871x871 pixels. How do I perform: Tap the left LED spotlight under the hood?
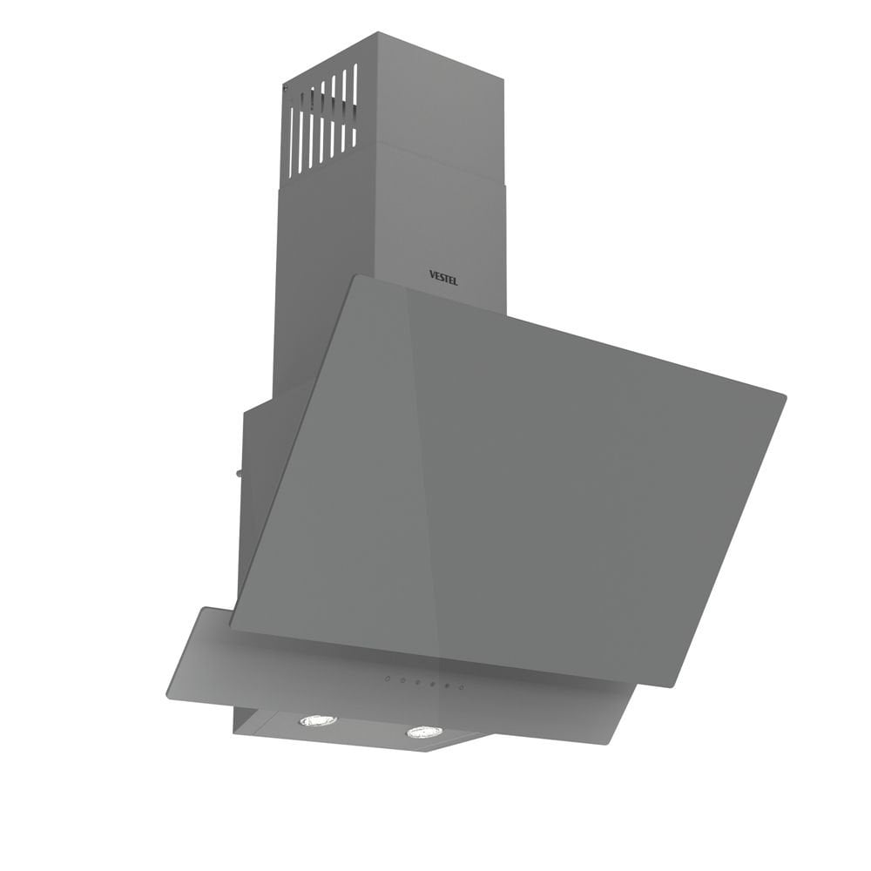318,720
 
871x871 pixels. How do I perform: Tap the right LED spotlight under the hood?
424,732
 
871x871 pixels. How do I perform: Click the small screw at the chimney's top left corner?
286,87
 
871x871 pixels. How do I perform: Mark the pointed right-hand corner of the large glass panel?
784,397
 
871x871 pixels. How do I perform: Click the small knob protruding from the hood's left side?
238,474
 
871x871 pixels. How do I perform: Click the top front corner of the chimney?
375,35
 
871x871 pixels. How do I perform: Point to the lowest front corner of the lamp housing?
424,751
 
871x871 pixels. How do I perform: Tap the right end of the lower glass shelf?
636,688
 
